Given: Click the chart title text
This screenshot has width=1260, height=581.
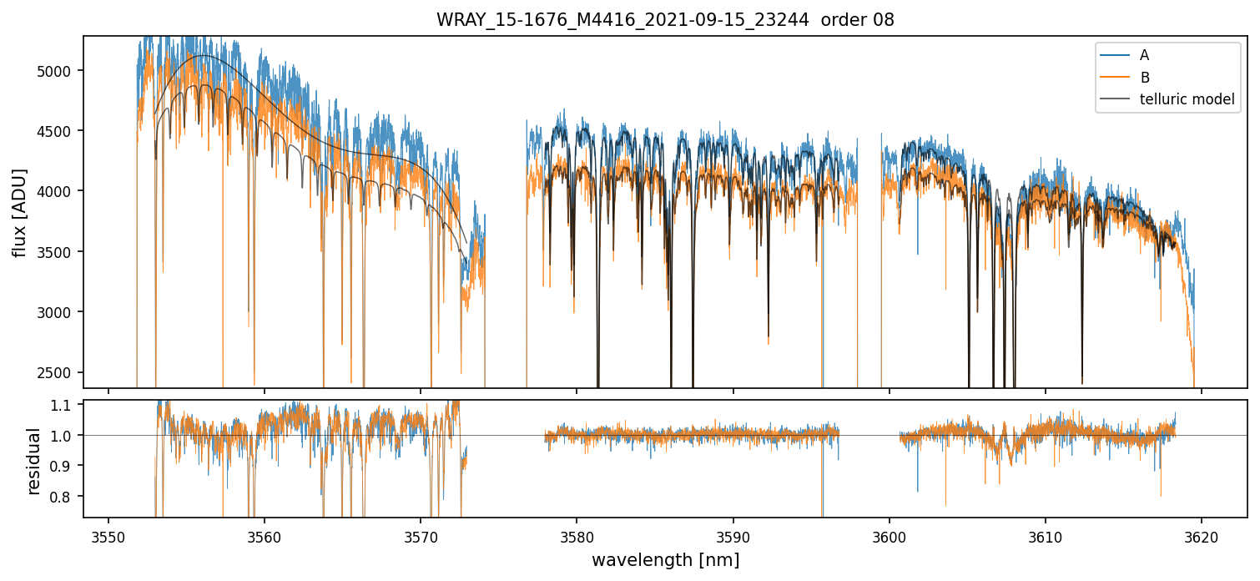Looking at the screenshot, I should coord(665,20).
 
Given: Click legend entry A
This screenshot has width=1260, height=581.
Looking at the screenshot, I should coord(1144,55).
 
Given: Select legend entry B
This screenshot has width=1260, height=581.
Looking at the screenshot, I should coord(1144,78).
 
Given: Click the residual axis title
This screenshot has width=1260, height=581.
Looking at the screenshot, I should coord(34,461).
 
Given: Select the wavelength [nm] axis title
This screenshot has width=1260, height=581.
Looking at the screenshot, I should coord(665,560).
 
